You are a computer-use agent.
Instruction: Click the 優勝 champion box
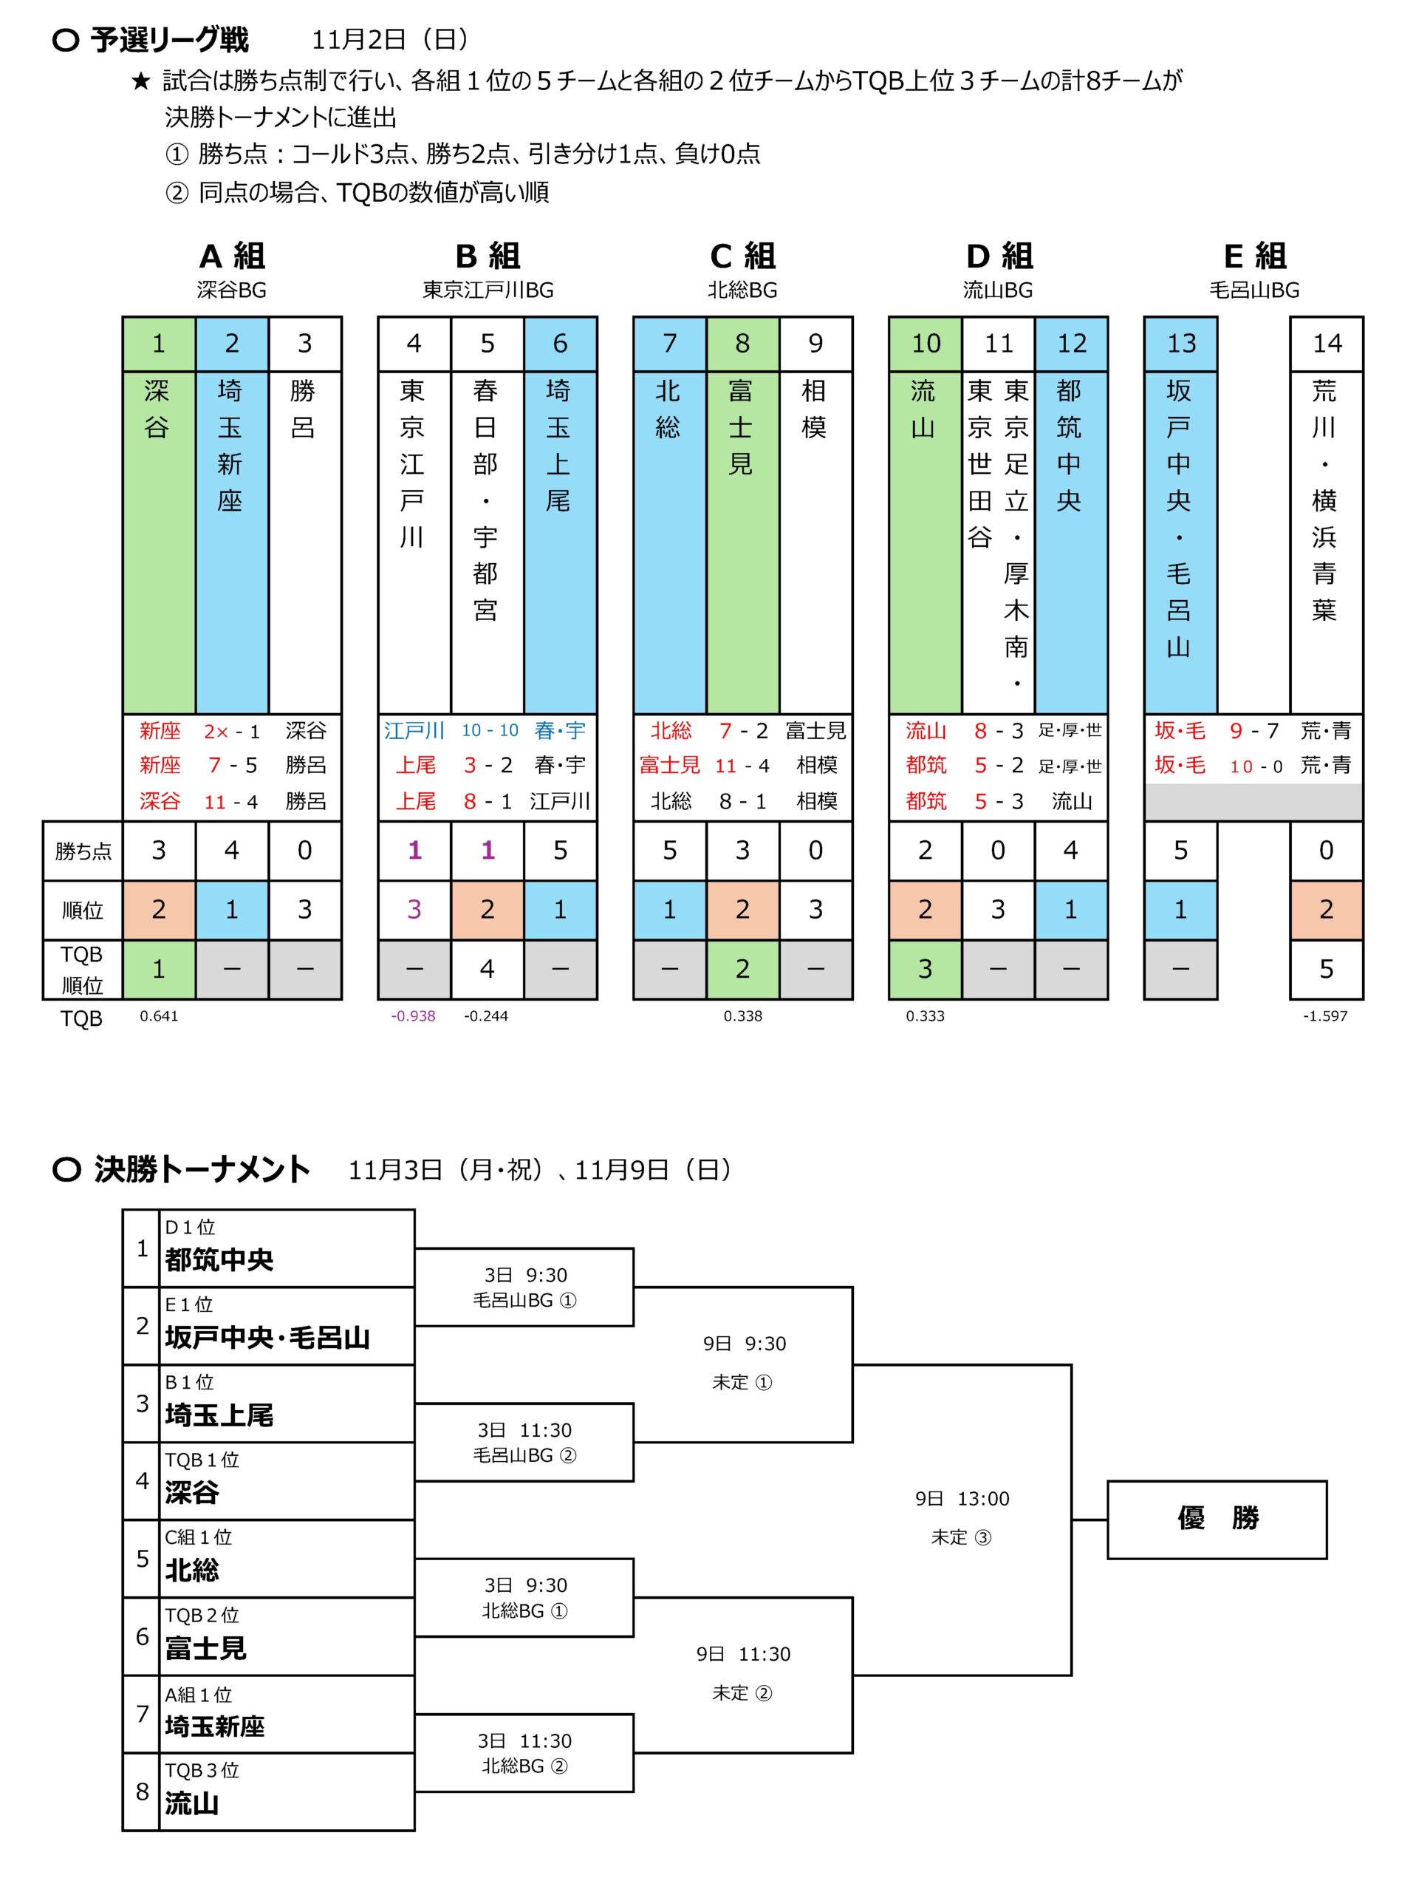click(1216, 1519)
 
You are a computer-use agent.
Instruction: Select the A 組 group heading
click(232, 256)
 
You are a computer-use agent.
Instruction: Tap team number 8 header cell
click(742, 344)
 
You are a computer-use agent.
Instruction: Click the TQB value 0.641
click(159, 1016)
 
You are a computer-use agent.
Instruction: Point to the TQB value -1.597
click(1324, 1016)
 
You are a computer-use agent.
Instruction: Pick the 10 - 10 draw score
click(490, 730)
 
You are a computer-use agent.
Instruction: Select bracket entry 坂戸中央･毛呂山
click(267, 1338)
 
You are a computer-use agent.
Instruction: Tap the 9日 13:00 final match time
click(962, 1499)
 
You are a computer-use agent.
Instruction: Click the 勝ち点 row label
click(83, 851)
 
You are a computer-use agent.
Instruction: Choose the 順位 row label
click(83, 910)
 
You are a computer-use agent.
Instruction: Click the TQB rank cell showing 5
click(1326, 969)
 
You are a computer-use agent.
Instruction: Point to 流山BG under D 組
click(998, 290)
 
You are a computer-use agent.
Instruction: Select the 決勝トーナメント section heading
click(202, 1169)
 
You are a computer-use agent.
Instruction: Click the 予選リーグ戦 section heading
click(169, 40)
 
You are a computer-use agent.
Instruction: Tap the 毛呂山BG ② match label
click(524, 1455)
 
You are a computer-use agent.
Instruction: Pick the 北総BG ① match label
click(524, 1610)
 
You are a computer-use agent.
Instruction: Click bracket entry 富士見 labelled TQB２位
click(205, 1648)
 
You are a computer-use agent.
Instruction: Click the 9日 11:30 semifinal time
click(743, 1654)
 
